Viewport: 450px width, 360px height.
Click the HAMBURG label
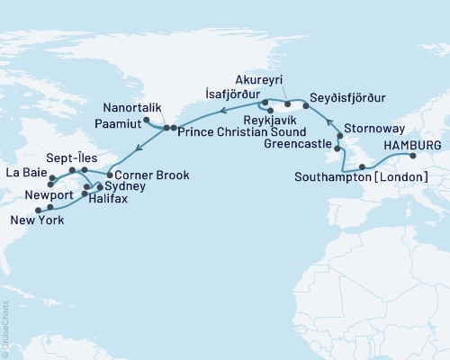[412, 143]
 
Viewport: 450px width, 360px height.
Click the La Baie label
[23, 171]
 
